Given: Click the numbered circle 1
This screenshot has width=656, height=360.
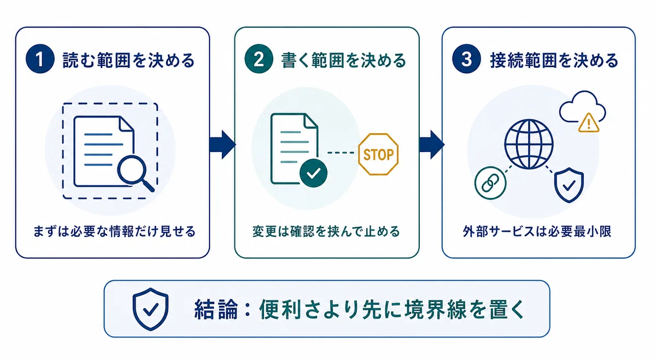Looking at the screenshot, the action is click(x=40, y=59).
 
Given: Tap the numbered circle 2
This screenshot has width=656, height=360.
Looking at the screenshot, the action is click(x=259, y=59).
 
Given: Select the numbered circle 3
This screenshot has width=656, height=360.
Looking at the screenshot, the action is click(x=466, y=59).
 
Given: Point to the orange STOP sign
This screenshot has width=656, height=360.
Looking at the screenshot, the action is click(x=378, y=154).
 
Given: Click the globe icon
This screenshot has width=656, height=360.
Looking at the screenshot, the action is click(x=529, y=144).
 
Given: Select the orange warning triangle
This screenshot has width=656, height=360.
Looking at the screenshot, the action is click(x=589, y=123).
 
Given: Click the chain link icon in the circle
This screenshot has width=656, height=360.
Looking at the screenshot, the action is click(x=490, y=183).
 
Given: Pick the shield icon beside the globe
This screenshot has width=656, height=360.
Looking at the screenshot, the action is click(x=569, y=185).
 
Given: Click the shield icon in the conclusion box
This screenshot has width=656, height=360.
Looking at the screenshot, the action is click(x=150, y=309).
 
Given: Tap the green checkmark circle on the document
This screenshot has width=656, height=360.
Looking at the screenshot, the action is click(x=313, y=173).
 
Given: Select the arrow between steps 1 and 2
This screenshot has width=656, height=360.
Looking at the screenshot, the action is click(x=222, y=145).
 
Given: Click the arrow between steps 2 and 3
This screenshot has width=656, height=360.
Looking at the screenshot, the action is click(x=432, y=145).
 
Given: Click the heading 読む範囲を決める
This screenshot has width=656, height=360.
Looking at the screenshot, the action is click(x=129, y=60).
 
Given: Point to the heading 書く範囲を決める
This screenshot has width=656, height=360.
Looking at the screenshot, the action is click(x=343, y=60).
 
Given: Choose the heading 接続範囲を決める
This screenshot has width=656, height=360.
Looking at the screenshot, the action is click(x=554, y=60).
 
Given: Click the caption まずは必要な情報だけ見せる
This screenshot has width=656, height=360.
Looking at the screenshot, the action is click(x=114, y=231).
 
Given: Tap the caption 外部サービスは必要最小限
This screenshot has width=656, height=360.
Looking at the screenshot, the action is click(x=537, y=231).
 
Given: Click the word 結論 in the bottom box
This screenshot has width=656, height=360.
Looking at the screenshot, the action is click(x=216, y=309).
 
